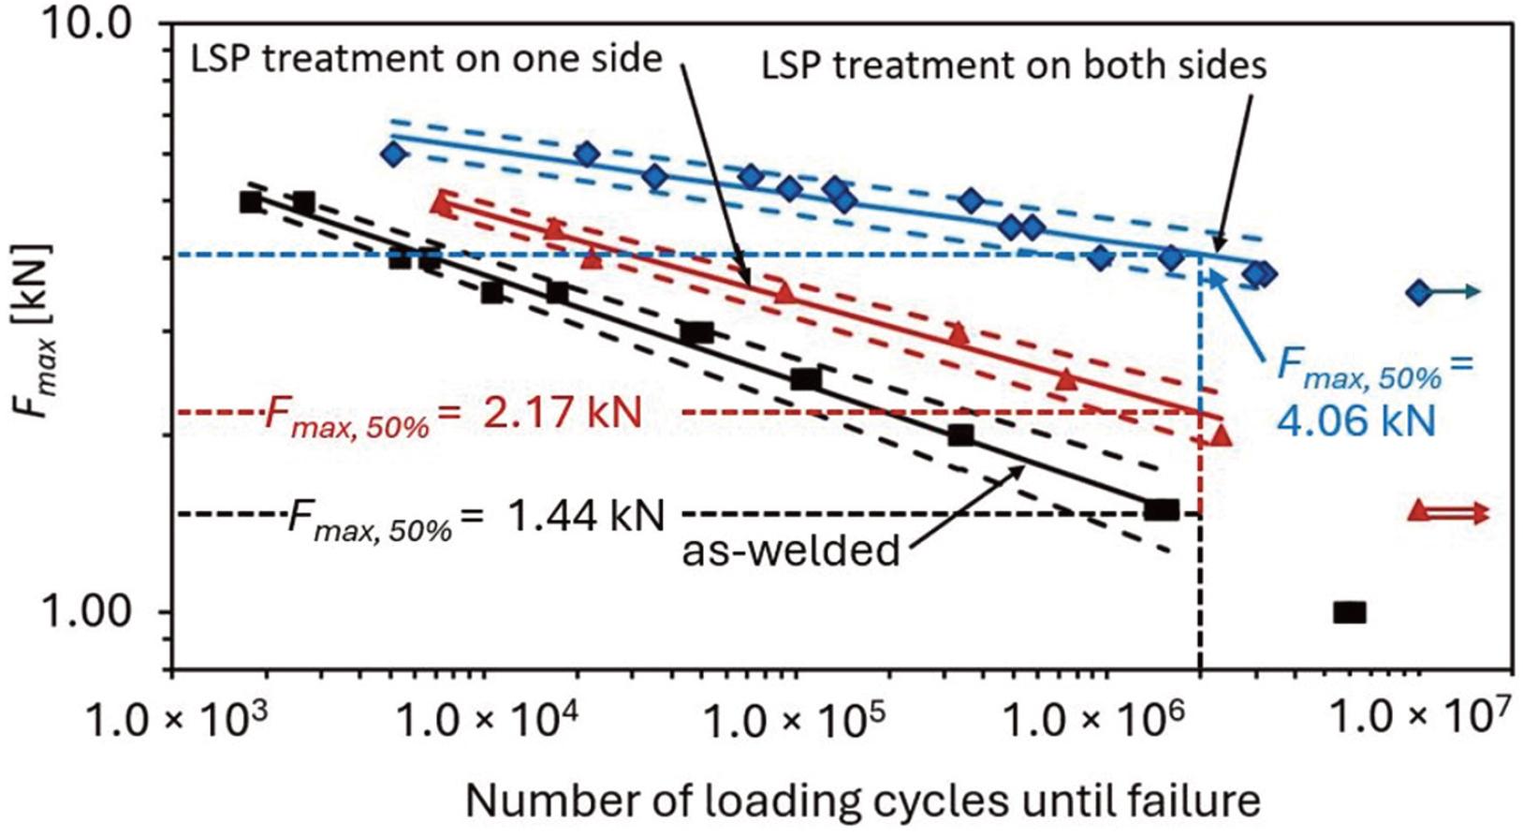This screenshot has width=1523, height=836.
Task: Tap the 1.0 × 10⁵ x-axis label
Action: point(792,722)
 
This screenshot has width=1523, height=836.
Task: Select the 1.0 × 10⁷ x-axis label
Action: point(1419,720)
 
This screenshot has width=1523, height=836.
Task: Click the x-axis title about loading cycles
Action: point(862,801)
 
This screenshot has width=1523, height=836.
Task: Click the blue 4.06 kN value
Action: point(1356,420)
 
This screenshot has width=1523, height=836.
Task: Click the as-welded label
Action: point(790,550)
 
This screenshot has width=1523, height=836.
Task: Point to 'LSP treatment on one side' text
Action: point(426,60)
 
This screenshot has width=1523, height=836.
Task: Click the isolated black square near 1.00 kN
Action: point(1349,612)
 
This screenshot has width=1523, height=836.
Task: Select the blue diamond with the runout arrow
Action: point(1419,293)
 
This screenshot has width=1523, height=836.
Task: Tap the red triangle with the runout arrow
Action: point(1419,511)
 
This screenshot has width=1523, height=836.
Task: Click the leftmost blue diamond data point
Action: point(394,154)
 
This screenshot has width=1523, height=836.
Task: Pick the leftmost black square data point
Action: point(251,202)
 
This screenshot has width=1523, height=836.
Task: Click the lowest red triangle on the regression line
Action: point(1221,434)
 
